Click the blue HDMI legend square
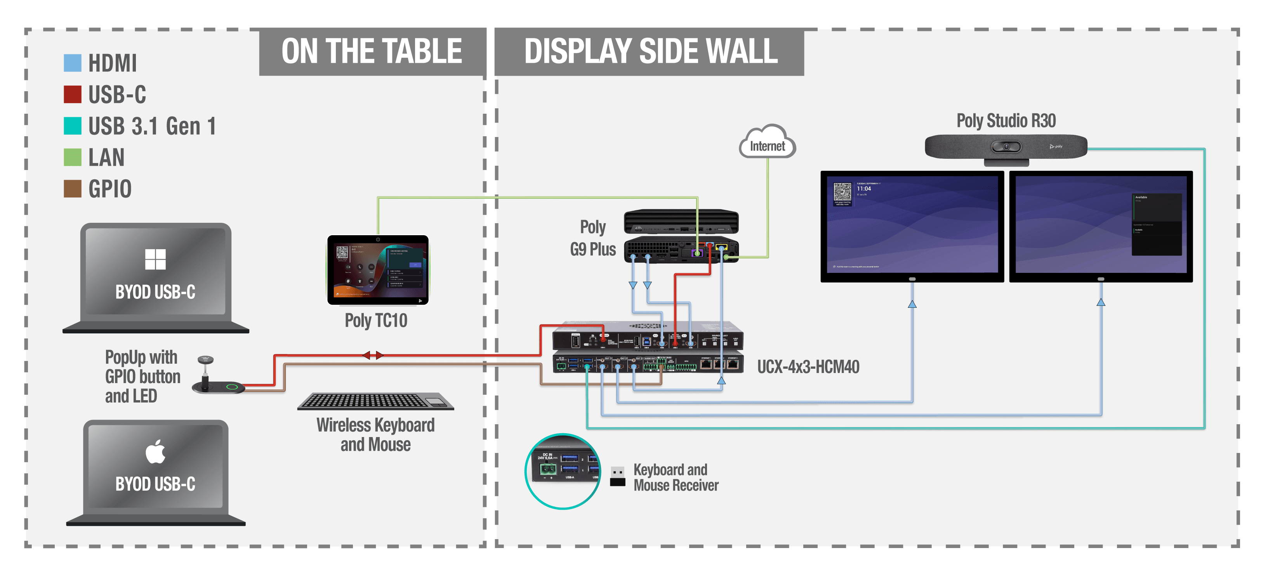72,63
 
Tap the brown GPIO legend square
72,189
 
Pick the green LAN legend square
72,157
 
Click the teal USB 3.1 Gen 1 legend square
72,125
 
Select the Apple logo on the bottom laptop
156,452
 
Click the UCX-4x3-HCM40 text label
808,367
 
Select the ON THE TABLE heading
372,51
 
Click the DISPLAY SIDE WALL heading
650,51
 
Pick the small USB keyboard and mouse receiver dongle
617,476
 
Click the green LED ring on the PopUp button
232,387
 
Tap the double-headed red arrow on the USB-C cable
373,355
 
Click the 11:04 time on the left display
863,189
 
